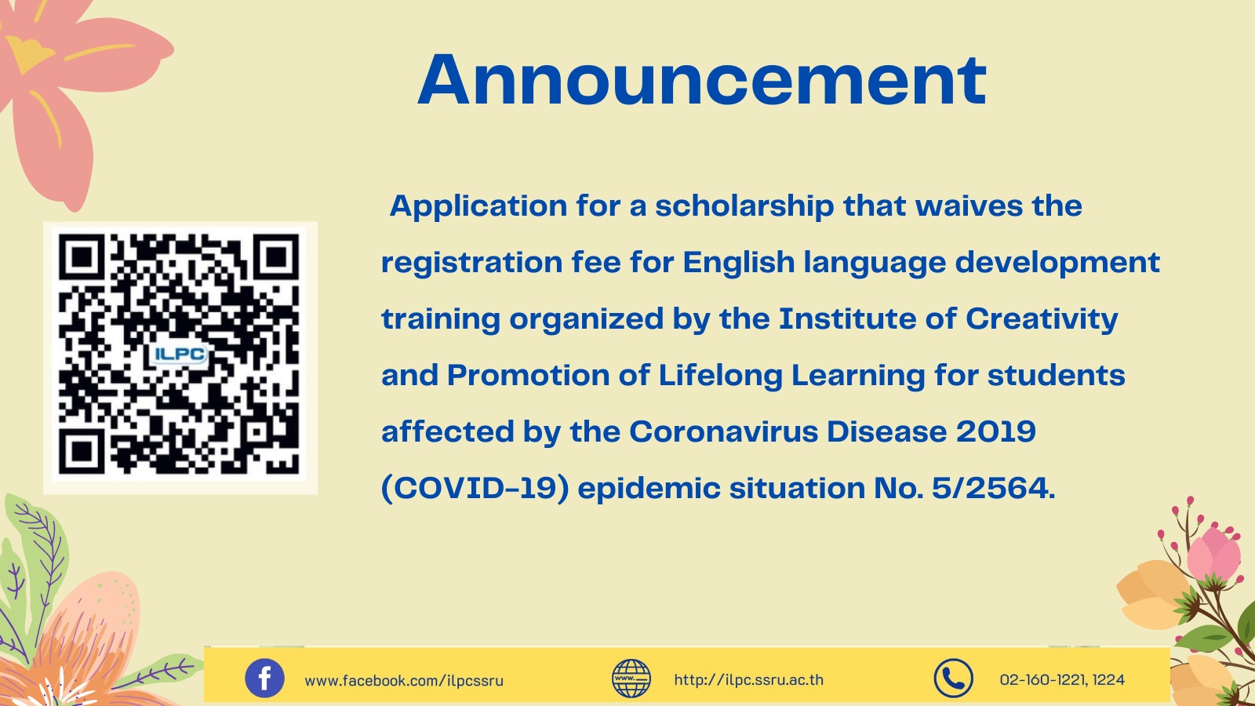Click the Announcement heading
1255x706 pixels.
pyautogui.click(x=702, y=79)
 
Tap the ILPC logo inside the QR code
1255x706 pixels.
pyautogui.click(x=180, y=355)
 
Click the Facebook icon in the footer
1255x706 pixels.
pyautogui.click(x=264, y=678)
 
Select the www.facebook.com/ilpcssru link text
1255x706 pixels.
pyautogui.click(x=404, y=681)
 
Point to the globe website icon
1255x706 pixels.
pyautogui.click(x=631, y=678)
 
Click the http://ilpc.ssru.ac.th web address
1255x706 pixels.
pyautogui.click(x=748, y=680)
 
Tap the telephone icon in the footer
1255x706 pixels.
pyautogui.click(x=953, y=678)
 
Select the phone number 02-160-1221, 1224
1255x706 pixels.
pyautogui.click(x=1062, y=679)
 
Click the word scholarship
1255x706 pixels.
pyautogui.click(x=744, y=206)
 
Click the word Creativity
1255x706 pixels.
pyautogui.click(x=1042, y=319)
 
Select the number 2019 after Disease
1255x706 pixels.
pyautogui.click(x=995, y=431)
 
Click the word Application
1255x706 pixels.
pyautogui.click(x=478, y=206)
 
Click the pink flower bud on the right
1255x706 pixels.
pyautogui.click(x=1213, y=553)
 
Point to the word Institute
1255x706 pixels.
pyautogui.click(x=848, y=318)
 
